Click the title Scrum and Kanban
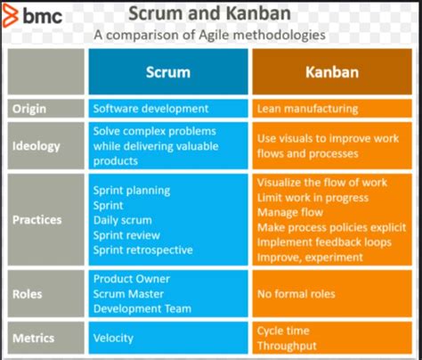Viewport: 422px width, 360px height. pyautogui.click(x=209, y=13)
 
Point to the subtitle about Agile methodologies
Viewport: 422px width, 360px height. pyautogui.click(x=209, y=35)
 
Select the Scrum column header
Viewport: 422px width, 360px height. pyautogui.click(x=169, y=72)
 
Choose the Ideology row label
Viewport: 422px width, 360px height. pyautogui.click(x=36, y=145)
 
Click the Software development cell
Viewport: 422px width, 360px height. pyautogui.click(x=151, y=109)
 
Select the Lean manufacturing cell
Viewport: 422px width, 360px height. pyautogui.click(x=307, y=109)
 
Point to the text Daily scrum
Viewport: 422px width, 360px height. pyautogui.click(x=126, y=219)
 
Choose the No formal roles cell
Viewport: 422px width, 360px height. pyautogui.click(x=296, y=294)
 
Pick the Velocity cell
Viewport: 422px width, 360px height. pyautogui.click(x=115, y=338)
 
